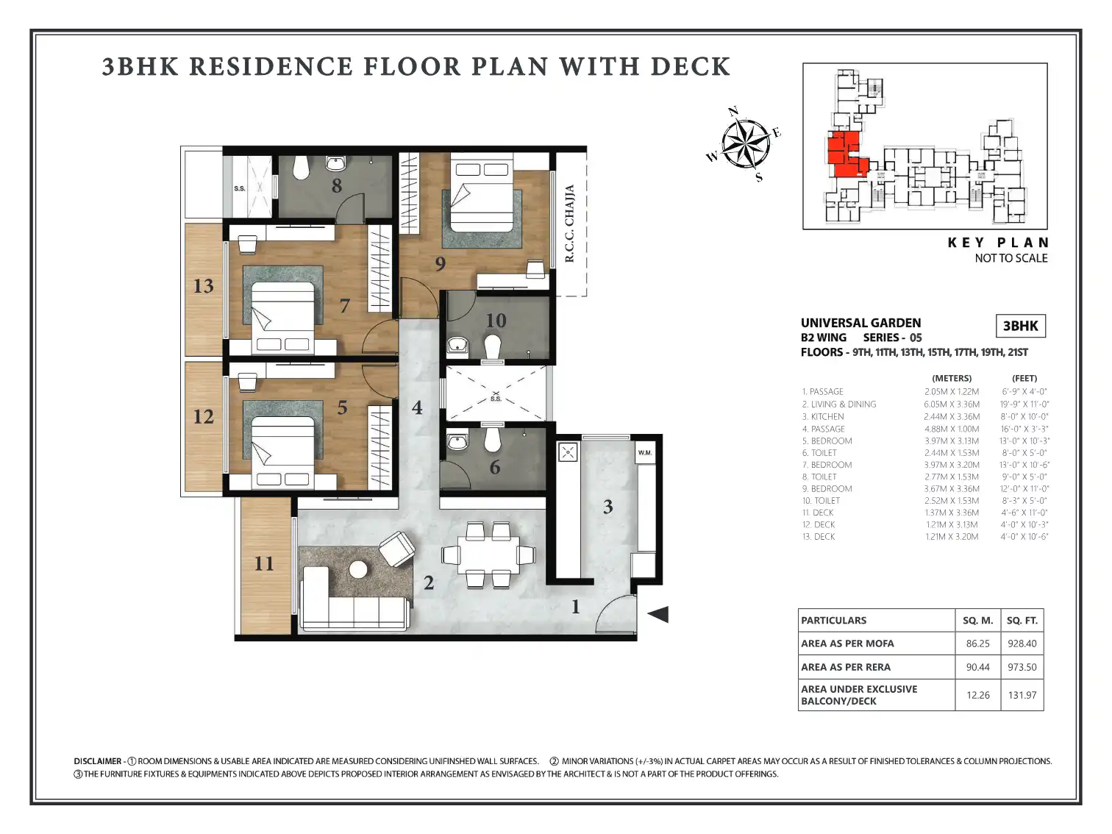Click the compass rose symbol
click(x=745, y=144)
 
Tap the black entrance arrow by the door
click(x=658, y=614)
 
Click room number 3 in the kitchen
click(x=608, y=507)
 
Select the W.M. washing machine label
click(x=645, y=452)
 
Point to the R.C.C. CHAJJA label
click(x=570, y=224)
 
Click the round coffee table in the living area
click(x=358, y=569)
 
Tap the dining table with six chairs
click(x=488, y=555)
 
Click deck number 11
click(x=264, y=563)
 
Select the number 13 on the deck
click(x=203, y=286)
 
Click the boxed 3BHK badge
click(x=1020, y=326)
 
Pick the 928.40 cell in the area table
click(x=1022, y=643)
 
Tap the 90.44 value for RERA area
click(x=977, y=667)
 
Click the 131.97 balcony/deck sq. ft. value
click(x=1022, y=695)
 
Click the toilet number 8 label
click(x=337, y=186)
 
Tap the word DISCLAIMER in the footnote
click(x=97, y=761)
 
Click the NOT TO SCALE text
click(x=1011, y=258)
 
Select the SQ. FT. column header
click(x=1022, y=620)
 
